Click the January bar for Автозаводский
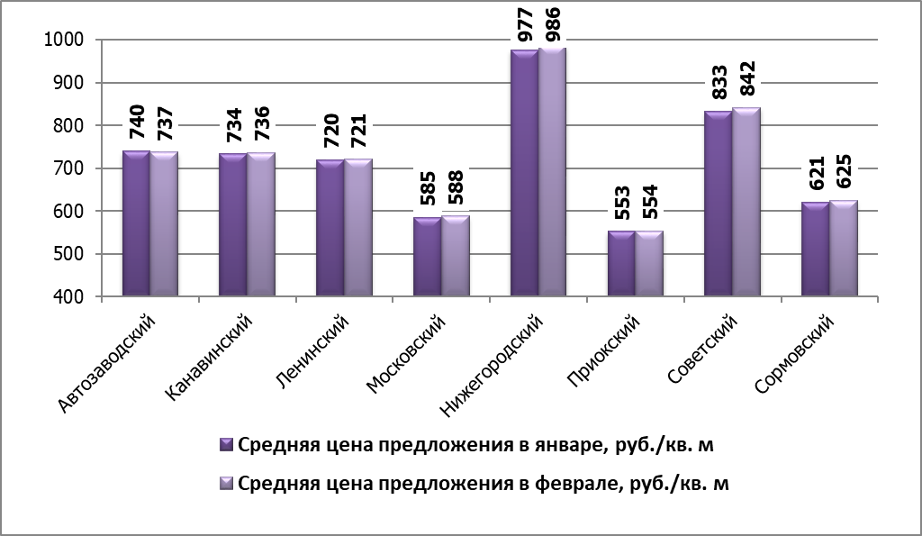click(136, 223)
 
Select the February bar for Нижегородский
click(552, 171)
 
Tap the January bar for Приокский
click(621, 263)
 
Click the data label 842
click(747, 83)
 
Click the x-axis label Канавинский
click(211, 355)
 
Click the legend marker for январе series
click(226, 445)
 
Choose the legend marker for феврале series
click(226, 484)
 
